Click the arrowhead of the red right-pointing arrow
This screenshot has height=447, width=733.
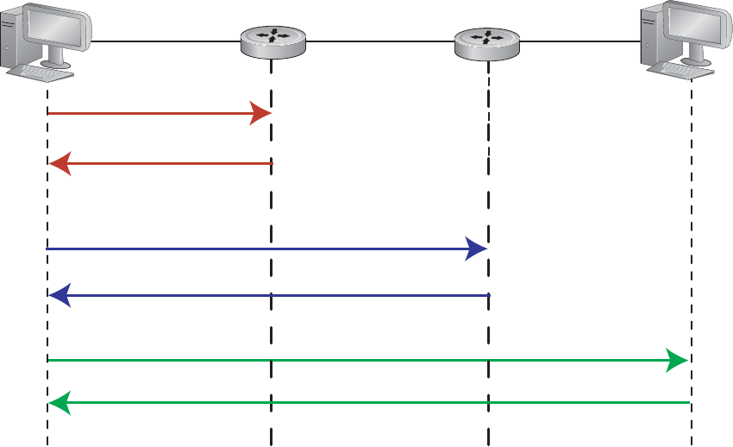tap(261, 113)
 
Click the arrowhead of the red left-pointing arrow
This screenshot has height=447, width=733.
tap(59, 162)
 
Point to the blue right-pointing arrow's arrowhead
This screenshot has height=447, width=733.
tap(477, 249)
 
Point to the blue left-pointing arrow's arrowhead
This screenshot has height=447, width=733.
tap(59, 296)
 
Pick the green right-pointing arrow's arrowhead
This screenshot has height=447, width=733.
tap(678, 359)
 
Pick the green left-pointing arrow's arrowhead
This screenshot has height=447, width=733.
tap(59, 401)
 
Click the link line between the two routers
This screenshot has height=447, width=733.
tap(380, 40)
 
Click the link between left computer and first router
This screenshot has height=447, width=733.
tap(164, 41)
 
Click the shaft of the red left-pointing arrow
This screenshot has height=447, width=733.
tap(172, 162)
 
